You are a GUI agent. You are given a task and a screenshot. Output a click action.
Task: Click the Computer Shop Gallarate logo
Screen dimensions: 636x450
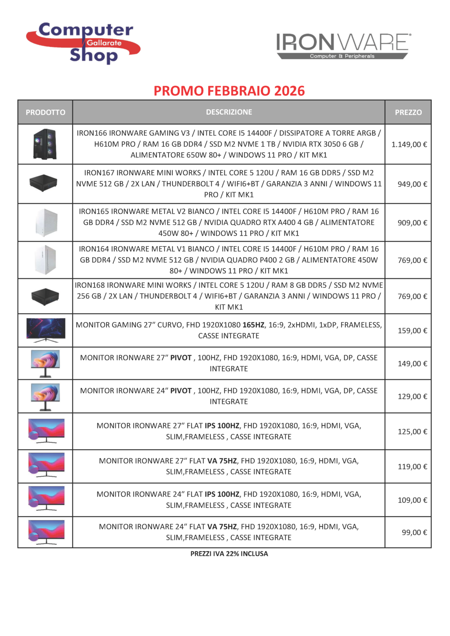tap(84, 43)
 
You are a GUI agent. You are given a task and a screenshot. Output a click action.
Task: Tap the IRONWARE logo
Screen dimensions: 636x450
tap(343, 46)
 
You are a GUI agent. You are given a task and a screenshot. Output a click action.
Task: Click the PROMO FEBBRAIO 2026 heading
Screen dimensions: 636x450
tap(229, 91)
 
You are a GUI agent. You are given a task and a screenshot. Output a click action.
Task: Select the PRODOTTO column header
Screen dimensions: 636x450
tap(45, 113)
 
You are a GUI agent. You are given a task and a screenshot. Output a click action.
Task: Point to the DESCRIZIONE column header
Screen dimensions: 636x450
tap(229, 112)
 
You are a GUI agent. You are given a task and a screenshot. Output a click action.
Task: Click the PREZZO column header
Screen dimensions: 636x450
tap(408, 113)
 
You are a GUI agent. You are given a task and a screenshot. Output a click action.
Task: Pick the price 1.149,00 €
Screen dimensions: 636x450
tap(409, 145)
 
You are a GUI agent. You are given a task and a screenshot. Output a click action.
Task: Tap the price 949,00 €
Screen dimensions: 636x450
tap(412, 184)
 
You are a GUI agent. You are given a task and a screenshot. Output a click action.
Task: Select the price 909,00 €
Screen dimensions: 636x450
tap(412, 223)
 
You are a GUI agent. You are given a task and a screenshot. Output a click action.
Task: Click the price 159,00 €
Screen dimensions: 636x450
tap(412, 331)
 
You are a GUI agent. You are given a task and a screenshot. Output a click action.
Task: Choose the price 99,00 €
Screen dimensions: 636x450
tap(414, 532)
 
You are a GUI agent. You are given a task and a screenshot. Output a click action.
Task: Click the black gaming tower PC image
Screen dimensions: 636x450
tap(45, 144)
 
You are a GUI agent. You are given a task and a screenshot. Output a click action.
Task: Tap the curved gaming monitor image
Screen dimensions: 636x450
tap(46, 330)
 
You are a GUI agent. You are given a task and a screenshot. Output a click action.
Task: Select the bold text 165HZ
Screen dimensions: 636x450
tap(253, 325)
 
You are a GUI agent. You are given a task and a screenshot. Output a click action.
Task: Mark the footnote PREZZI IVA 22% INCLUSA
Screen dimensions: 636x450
tap(229, 554)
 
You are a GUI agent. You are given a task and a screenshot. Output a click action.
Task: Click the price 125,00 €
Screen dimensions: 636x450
tap(412, 432)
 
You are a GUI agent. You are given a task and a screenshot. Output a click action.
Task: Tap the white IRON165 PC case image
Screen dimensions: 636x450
tap(46, 223)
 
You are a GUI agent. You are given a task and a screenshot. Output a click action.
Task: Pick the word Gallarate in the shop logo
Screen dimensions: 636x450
tap(104, 43)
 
